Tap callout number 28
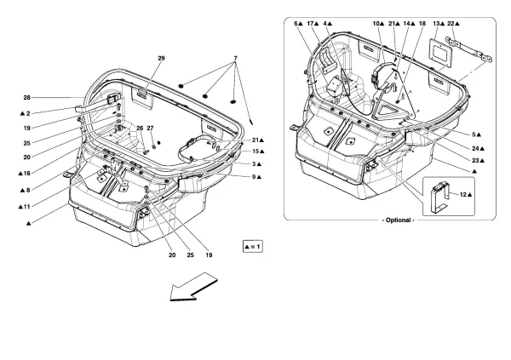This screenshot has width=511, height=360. pyautogui.click(x=27, y=99)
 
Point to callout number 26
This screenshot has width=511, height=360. pyautogui.click(x=140, y=129)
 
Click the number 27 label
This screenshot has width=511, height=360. pyautogui.click(x=152, y=129)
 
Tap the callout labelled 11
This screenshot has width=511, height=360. pyautogui.click(x=24, y=206)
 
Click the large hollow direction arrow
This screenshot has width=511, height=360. pyautogui.click(x=192, y=287)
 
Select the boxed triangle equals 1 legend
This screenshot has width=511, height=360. pyautogui.click(x=255, y=245)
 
